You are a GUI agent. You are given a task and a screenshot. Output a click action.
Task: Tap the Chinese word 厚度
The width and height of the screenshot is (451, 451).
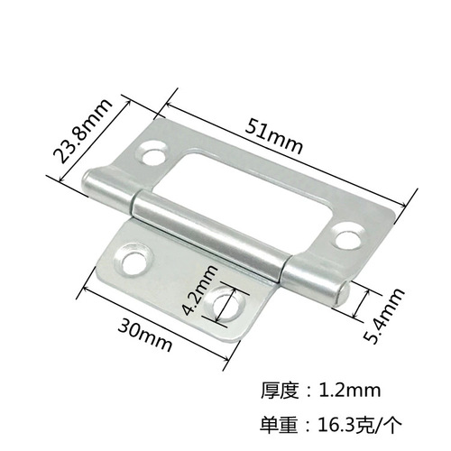coord(280,391)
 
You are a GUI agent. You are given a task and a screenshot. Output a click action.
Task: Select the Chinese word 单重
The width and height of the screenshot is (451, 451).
coord(280,420)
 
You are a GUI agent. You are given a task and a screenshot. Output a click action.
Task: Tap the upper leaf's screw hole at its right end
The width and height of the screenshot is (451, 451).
coord(344,236)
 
